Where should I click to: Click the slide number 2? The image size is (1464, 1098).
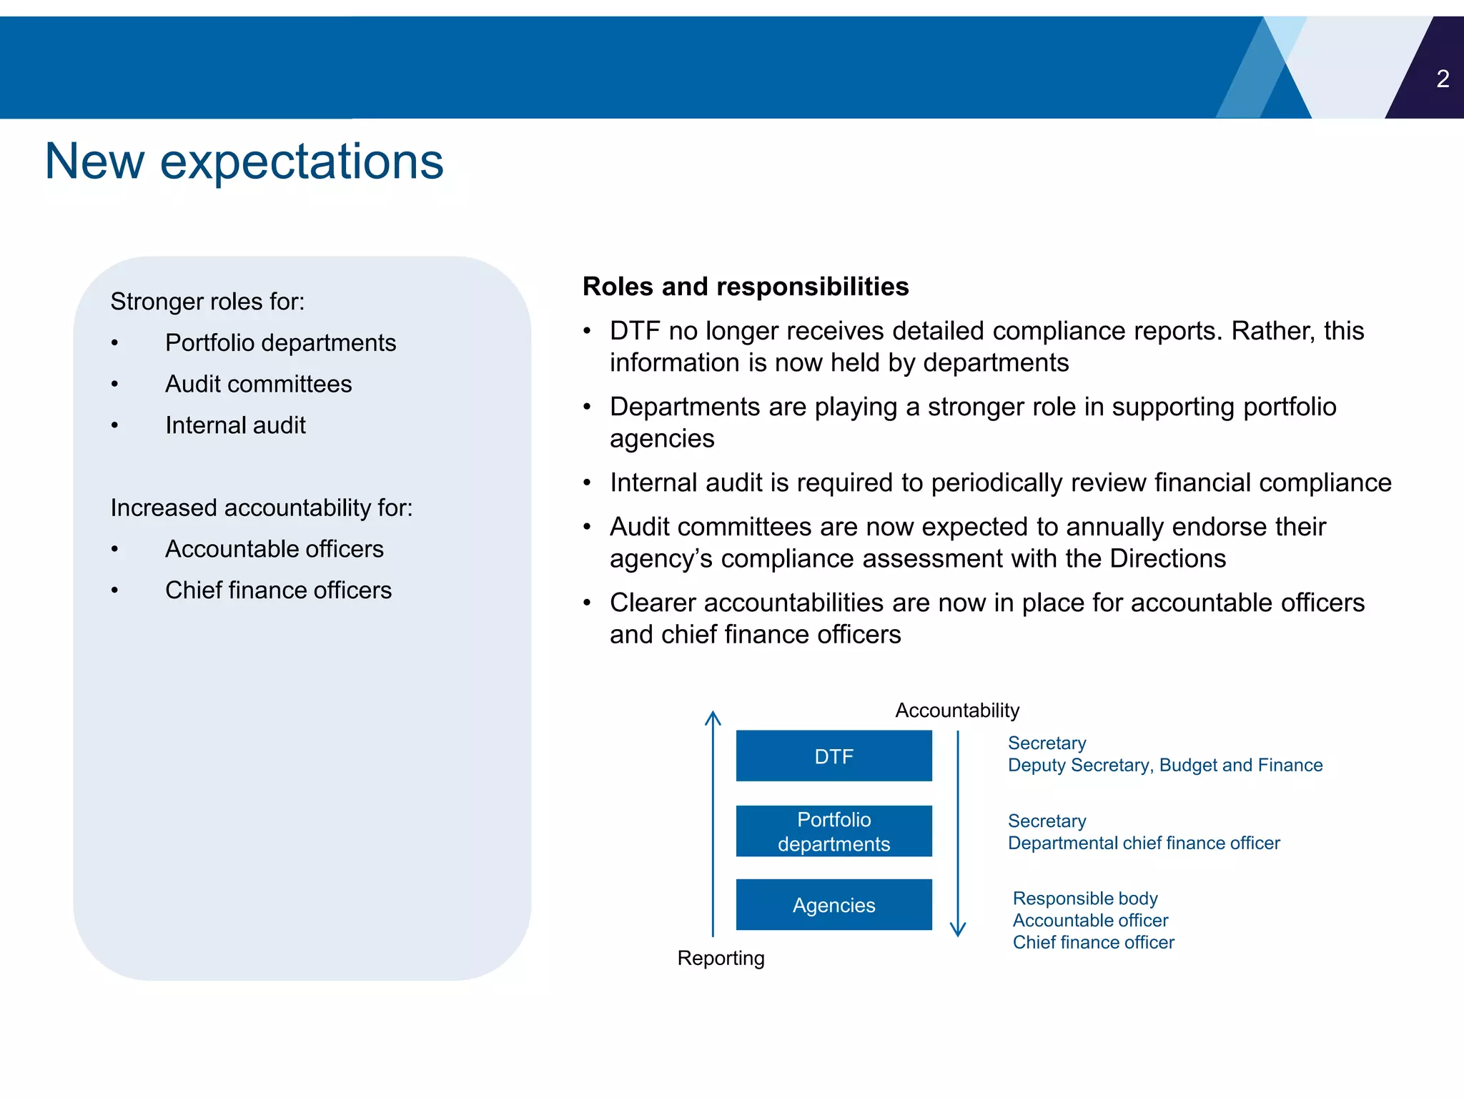(1443, 79)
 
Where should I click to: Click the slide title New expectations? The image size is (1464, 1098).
(244, 162)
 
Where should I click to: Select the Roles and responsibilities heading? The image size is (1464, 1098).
(745, 287)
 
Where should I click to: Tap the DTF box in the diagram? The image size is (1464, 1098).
(834, 756)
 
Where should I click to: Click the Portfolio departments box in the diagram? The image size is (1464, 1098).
(834, 831)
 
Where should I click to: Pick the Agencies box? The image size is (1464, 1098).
(834, 905)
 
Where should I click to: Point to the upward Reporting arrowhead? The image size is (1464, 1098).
(713, 717)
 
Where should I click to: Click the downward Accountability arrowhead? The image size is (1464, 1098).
(958, 929)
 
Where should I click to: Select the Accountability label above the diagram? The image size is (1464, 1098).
(956, 711)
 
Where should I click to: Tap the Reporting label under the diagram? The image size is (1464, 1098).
(721, 958)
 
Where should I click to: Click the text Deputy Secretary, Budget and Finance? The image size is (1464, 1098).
(1164, 766)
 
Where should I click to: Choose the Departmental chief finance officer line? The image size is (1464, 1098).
(1143, 844)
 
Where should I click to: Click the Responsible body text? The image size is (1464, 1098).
(1084, 899)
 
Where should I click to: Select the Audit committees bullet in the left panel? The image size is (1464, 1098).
(258, 385)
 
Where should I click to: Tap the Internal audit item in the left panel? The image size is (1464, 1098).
(235, 426)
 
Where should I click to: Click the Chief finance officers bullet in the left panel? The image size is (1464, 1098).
(278, 590)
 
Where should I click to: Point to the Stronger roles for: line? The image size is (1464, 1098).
(207, 302)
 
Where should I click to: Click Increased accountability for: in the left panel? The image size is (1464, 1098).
(261, 508)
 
